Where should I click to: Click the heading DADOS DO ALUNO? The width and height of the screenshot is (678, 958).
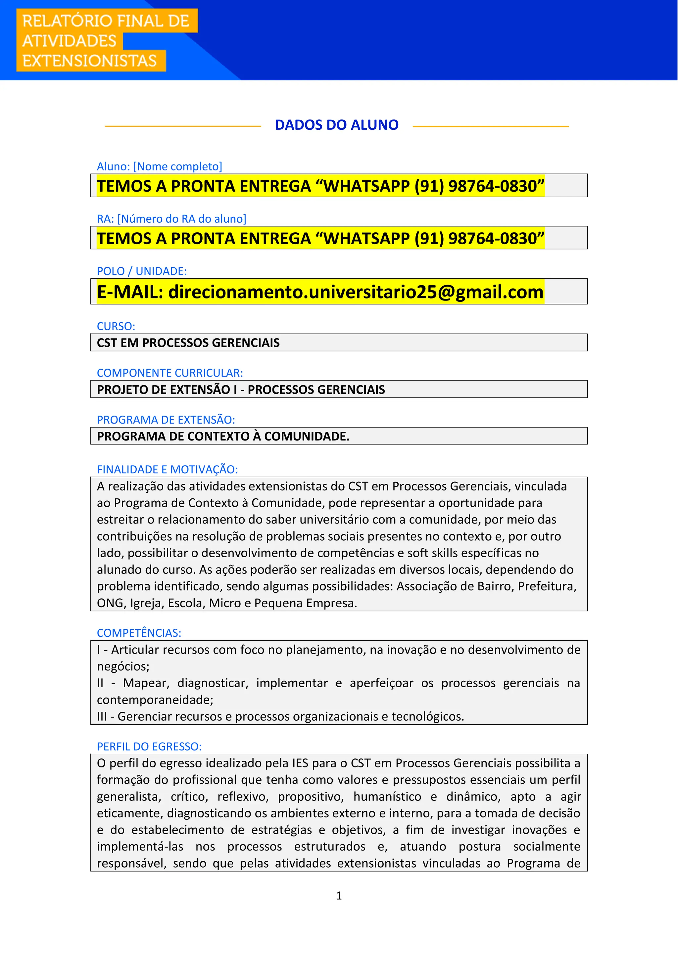[336, 125]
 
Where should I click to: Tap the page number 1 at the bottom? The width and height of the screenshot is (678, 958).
[339, 895]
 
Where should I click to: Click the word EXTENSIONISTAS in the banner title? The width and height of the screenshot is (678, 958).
[89, 61]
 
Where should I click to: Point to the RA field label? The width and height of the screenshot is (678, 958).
[171, 219]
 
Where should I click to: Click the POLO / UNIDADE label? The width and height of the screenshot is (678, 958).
[142, 271]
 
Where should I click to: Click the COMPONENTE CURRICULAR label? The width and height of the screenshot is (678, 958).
[169, 373]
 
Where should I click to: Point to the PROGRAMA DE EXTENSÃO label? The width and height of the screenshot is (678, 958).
[166, 419]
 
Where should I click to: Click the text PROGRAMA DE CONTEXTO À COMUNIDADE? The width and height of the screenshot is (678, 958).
[223, 436]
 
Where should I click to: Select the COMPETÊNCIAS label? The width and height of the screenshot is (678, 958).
[139, 633]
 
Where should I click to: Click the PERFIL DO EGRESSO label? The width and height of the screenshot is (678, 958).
[149, 747]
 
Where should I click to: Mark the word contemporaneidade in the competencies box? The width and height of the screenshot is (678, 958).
[155, 700]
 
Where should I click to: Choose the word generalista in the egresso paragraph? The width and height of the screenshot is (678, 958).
[128, 797]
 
